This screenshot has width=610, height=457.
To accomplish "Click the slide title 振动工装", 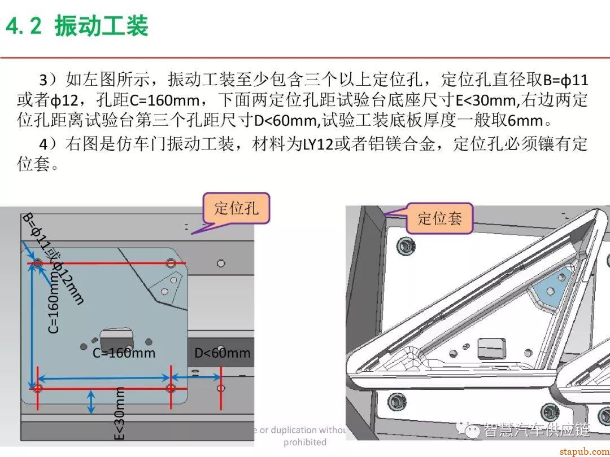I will pyautogui.click(x=101, y=26).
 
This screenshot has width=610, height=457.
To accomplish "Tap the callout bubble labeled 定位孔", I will pyautogui.click(x=236, y=208).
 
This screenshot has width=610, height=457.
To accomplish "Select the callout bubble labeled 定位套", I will pyautogui.click(x=439, y=218).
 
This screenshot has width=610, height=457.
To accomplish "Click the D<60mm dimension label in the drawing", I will pyautogui.click(x=222, y=354).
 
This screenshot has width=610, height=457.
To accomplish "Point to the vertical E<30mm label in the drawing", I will pyautogui.click(x=119, y=414).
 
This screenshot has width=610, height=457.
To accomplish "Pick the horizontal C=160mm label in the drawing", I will pyautogui.click(x=124, y=354).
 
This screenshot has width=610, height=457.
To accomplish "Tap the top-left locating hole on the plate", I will pyautogui.click(x=38, y=263).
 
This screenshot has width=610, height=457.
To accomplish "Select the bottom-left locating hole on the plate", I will pyautogui.click(x=38, y=388).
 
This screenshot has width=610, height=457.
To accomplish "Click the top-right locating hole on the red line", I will pyautogui.click(x=171, y=263).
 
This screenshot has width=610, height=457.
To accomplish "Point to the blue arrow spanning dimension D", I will pyautogui.click(x=195, y=377).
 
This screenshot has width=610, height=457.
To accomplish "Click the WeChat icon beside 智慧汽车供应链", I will pyautogui.click(x=468, y=430).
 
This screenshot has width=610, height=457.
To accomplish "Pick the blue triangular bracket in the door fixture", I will pyautogui.click(x=547, y=289).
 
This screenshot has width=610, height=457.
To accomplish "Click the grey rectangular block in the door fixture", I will pyautogui.click(x=491, y=348).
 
